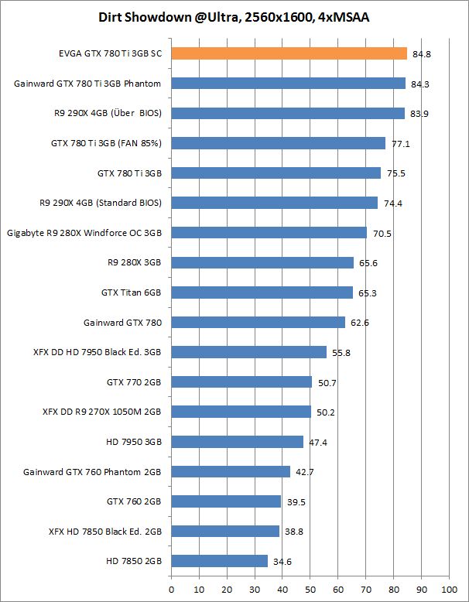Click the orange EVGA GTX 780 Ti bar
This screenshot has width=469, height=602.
tap(289, 53)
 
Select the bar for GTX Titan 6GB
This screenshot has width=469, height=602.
tap(262, 292)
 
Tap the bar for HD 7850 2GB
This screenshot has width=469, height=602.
tap(219, 561)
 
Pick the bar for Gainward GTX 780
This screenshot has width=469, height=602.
tap(258, 322)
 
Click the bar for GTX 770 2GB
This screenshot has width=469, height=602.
tap(241, 381)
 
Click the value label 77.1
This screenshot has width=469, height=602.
tap(398, 145)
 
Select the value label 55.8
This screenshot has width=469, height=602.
tap(339, 353)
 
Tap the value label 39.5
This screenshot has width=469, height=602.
tap(294, 502)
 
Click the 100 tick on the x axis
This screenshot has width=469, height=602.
tap(448, 587)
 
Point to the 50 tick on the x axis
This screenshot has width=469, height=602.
tap(310, 587)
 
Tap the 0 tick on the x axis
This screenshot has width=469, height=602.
tap(171, 587)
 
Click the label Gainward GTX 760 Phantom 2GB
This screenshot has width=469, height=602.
tap(92, 471)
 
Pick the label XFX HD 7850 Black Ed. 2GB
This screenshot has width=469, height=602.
tap(104, 531)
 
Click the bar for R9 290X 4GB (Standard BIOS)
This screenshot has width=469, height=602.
tap(274, 203)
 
